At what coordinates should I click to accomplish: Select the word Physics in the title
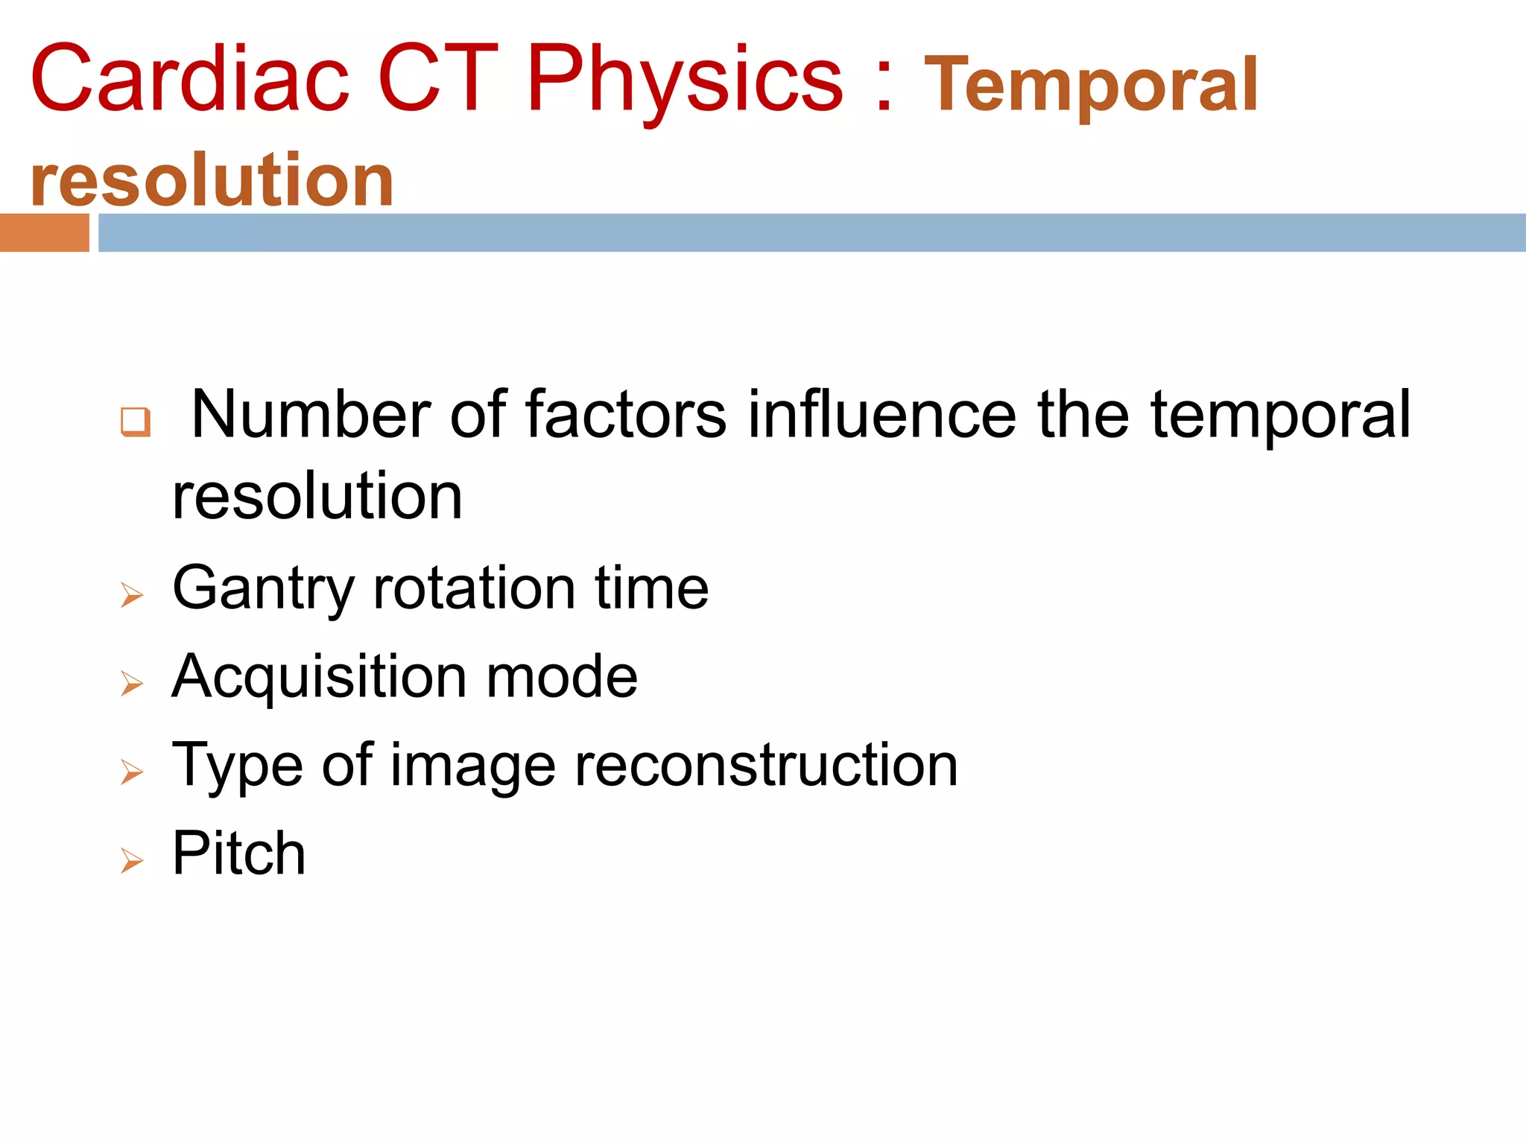pos(685,80)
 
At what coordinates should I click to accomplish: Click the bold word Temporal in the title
pos(1091,86)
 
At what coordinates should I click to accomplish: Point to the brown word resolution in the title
pos(212,179)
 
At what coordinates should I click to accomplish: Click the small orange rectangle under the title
pos(44,232)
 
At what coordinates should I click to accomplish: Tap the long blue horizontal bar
pos(811,232)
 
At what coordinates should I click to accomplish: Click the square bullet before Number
pos(136,422)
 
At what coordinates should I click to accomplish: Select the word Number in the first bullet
pos(311,415)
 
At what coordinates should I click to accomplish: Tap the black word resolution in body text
pos(317,497)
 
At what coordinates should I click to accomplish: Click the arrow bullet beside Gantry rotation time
pos(132,595)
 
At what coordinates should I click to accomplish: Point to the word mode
pos(561,677)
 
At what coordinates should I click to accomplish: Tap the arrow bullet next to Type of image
pos(132,772)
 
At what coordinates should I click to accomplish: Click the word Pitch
pos(238,854)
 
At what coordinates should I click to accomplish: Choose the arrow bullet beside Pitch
pos(132,861)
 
